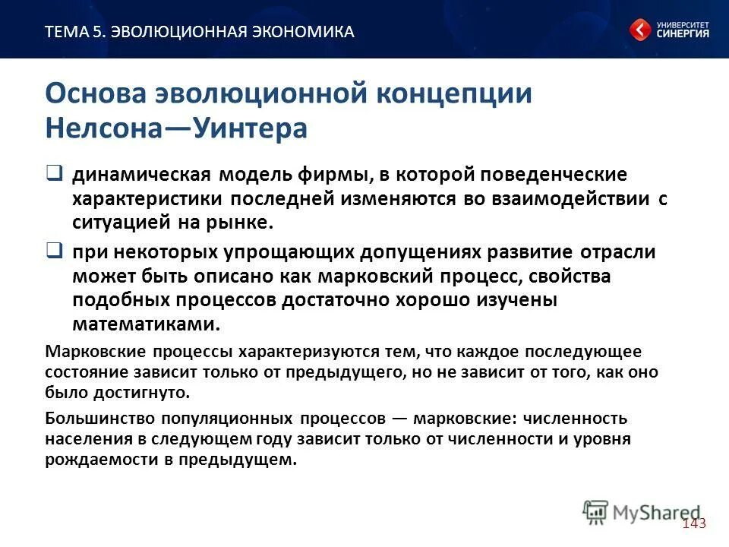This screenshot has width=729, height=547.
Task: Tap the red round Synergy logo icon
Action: pos(639,30)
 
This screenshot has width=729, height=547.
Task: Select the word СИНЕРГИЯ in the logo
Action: pos(683,34)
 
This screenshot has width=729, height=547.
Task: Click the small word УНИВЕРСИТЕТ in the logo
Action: pos(683,24)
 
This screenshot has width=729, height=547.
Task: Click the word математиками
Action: pos(146,324)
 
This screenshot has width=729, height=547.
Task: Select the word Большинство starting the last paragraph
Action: pos(93,419)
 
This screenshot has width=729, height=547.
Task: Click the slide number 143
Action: pos(694,523)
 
